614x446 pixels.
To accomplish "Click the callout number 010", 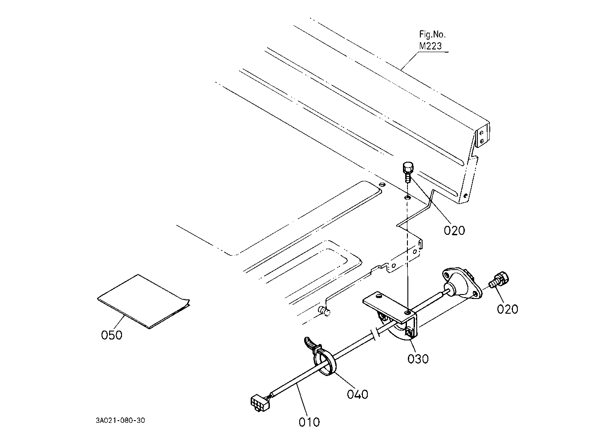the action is click(309, 422).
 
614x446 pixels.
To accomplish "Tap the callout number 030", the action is click(418, 359).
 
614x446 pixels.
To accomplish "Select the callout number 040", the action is click(358, 394).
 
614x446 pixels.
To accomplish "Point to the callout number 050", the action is click(112, 335).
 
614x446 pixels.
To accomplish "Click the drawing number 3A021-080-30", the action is click(120, 421).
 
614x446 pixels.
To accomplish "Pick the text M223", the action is click(431, 46).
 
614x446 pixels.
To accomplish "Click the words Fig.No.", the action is click(432, 35).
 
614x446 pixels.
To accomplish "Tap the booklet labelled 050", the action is click(143, 301).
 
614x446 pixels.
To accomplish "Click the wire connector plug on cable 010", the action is click(260, 403).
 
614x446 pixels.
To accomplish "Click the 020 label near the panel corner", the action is click(455, 230).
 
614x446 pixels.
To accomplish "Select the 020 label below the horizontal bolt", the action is click(508, 309).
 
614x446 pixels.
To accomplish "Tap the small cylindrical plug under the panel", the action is click(324, 311).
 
